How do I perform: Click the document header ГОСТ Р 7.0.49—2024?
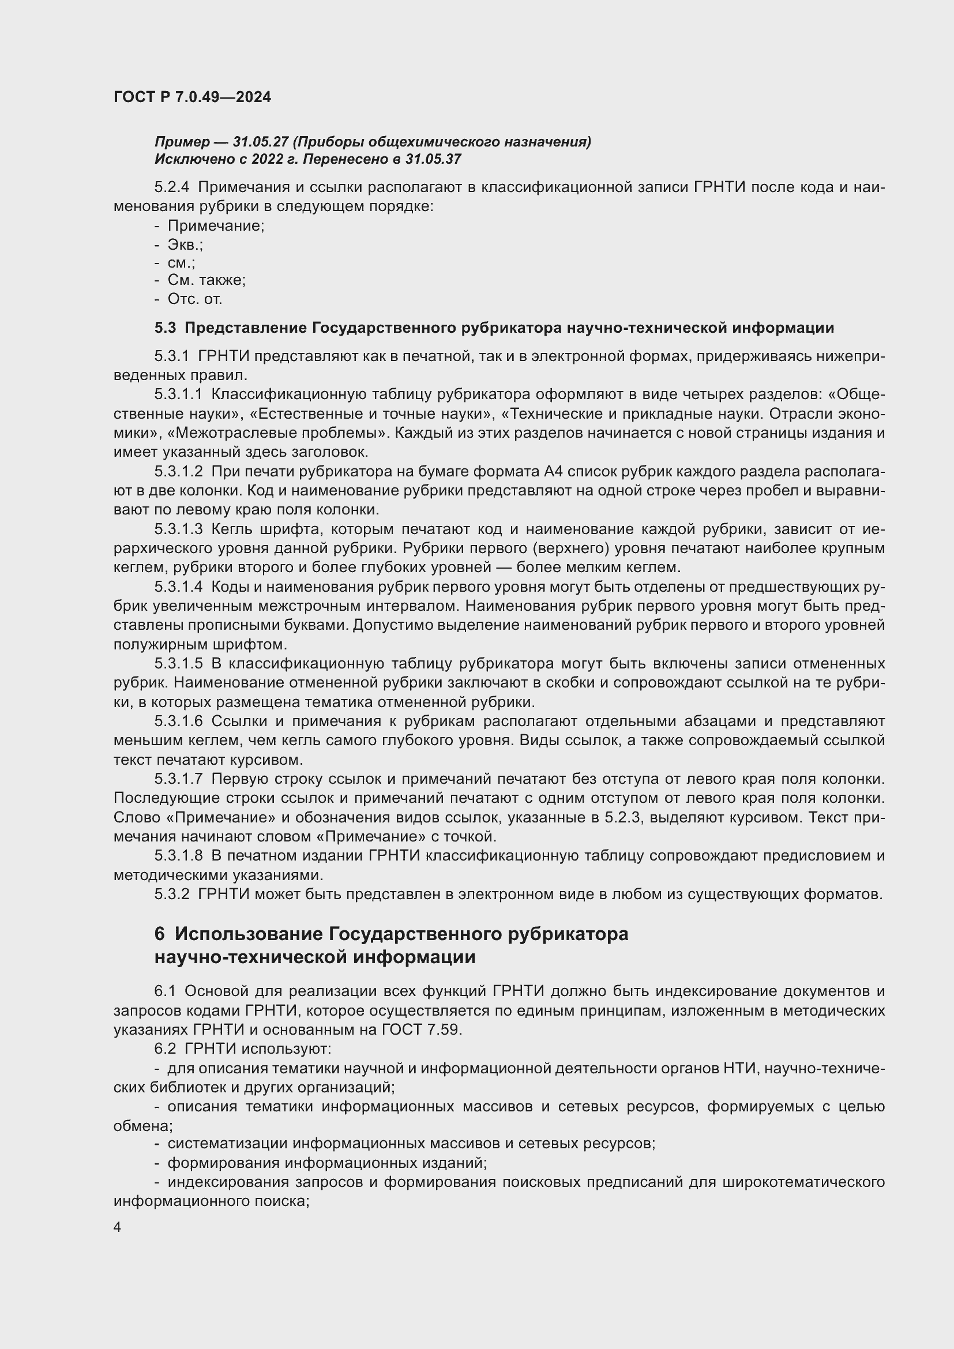tap(192, 97)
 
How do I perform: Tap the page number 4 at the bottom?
tap(118, 1227)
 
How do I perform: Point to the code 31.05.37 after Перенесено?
tap(433, 159)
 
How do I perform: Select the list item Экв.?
tap(185, 245)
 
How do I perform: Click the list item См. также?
tap(206, 280)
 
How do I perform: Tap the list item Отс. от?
tap(194, 299)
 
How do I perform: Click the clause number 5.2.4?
tap(172, 187)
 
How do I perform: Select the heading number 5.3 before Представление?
tap(165, 328)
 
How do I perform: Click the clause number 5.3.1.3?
tap(179, 529)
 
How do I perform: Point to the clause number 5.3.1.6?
tap(179, 722)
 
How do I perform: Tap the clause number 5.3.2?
tap(172, 895)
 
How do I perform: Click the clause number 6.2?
tap(165, 1049)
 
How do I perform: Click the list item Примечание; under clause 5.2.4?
tap(216, 226)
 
